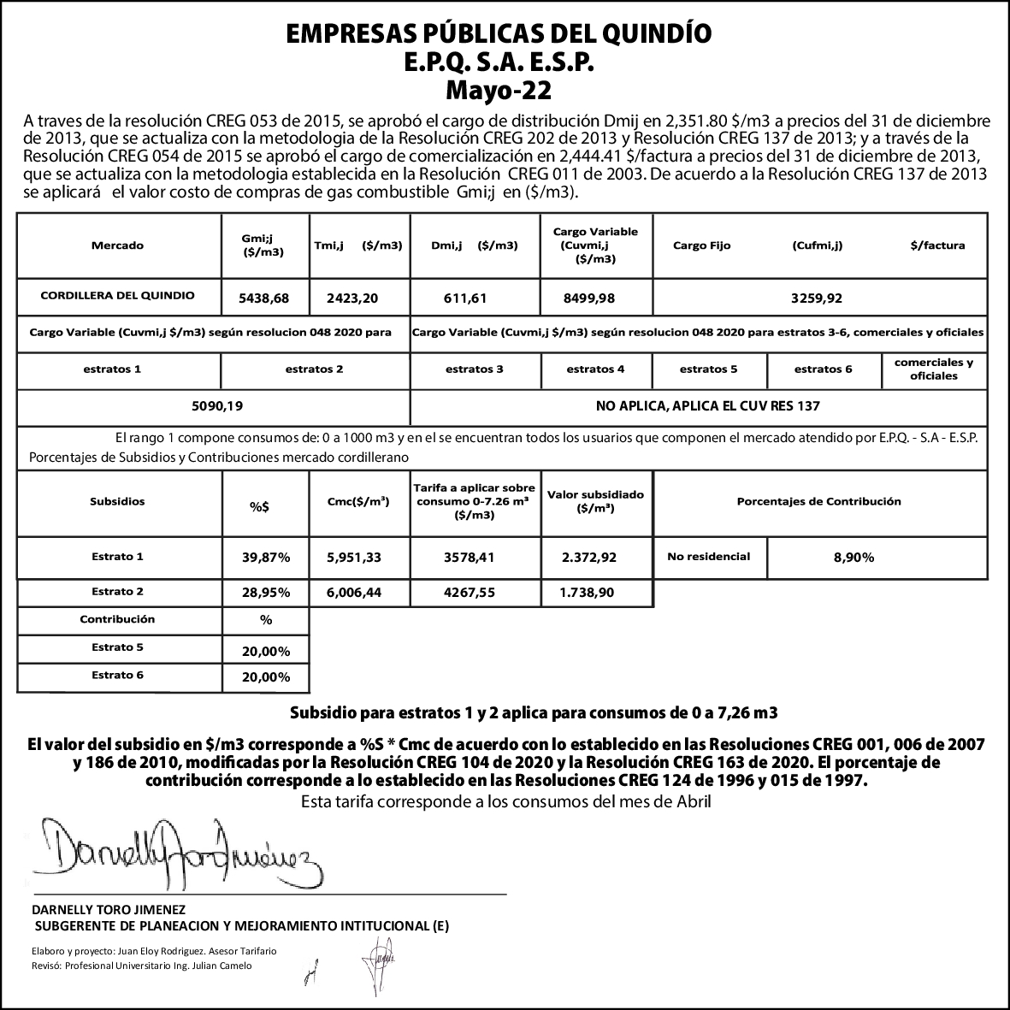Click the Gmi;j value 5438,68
point(265,298)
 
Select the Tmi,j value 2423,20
point(351,298)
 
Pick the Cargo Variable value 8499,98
point(589,298)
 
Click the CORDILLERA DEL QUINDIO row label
point(117,295)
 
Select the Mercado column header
point(117,245)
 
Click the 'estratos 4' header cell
point(595,369)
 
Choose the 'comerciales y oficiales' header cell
point(933,369)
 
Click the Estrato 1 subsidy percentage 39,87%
point(266,558)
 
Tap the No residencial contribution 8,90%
point(853,558)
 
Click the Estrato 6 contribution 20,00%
point(266,677)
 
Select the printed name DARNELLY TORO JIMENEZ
point(109,909)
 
